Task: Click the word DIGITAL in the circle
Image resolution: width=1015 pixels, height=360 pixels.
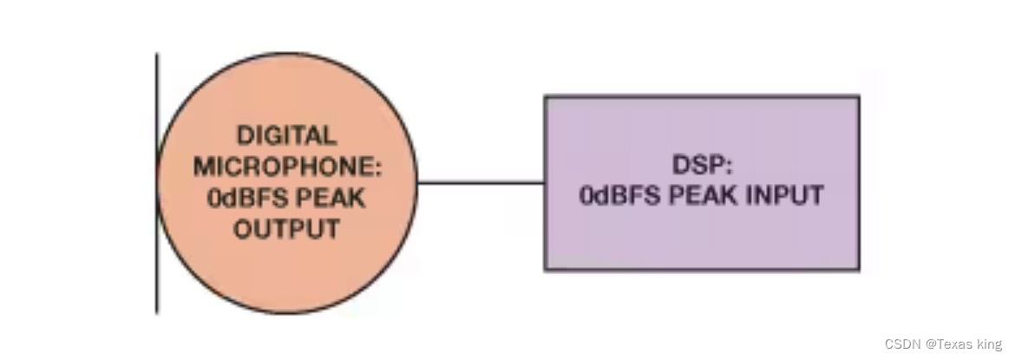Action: point(286,135)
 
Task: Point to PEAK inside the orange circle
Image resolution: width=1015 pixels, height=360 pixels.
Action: point(331,198)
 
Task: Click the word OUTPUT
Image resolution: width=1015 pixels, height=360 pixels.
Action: point(286,229)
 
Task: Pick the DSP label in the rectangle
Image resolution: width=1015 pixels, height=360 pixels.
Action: point(693,166)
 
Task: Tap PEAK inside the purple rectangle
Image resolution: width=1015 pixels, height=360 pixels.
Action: point(703,195)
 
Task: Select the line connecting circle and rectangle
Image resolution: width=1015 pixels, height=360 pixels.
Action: point(481,183)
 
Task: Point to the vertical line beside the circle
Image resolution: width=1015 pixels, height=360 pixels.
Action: point(157,260)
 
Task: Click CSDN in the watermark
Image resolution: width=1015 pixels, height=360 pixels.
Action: point(903,344)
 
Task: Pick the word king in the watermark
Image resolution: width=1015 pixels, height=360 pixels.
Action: point(990,344)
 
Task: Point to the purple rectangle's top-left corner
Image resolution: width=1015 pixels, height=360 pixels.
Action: point(546,97)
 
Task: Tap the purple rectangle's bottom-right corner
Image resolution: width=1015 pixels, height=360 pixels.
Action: point(858,269)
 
